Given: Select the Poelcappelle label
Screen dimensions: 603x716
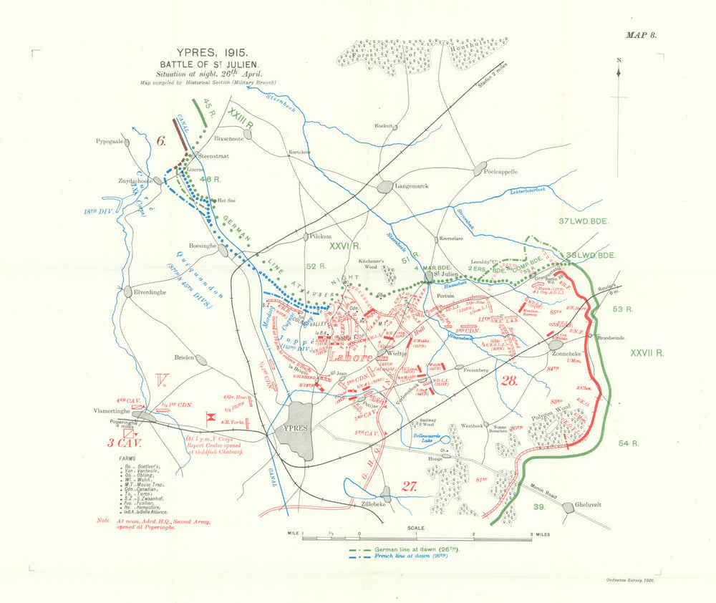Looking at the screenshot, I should (x=502, y=173).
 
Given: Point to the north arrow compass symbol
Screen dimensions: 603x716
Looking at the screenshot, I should (x=619, y=72).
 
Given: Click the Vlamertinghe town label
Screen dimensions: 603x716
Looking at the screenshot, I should (x=115, y=411).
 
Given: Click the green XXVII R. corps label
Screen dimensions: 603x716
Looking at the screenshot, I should (x=648, y=353).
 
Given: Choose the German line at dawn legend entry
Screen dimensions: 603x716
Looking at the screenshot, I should (x=416, y=549).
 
